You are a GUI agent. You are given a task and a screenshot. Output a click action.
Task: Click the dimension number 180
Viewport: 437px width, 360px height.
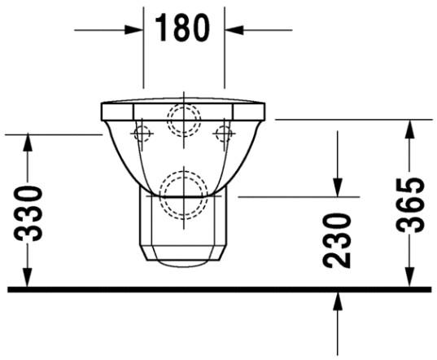click(x=183, y=29)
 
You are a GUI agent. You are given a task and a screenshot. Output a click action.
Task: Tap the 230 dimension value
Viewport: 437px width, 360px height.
click(x=336, y=240)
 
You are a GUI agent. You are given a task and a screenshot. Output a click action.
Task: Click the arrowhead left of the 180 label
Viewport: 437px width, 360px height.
click(x=134, y=30)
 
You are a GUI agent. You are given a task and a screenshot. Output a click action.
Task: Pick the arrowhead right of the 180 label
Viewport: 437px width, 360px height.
click(x=234, y=30)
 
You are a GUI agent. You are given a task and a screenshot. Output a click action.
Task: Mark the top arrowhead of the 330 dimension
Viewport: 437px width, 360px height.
click(x=28, y=143)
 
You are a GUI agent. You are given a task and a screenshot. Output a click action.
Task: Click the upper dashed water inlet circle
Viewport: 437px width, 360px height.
click(x=183, y=121)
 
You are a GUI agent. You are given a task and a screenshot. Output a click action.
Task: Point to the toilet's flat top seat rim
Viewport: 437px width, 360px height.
click(x=183, y=106)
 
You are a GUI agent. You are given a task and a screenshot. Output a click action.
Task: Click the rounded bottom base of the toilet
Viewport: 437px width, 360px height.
click(x=183, y=261)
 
